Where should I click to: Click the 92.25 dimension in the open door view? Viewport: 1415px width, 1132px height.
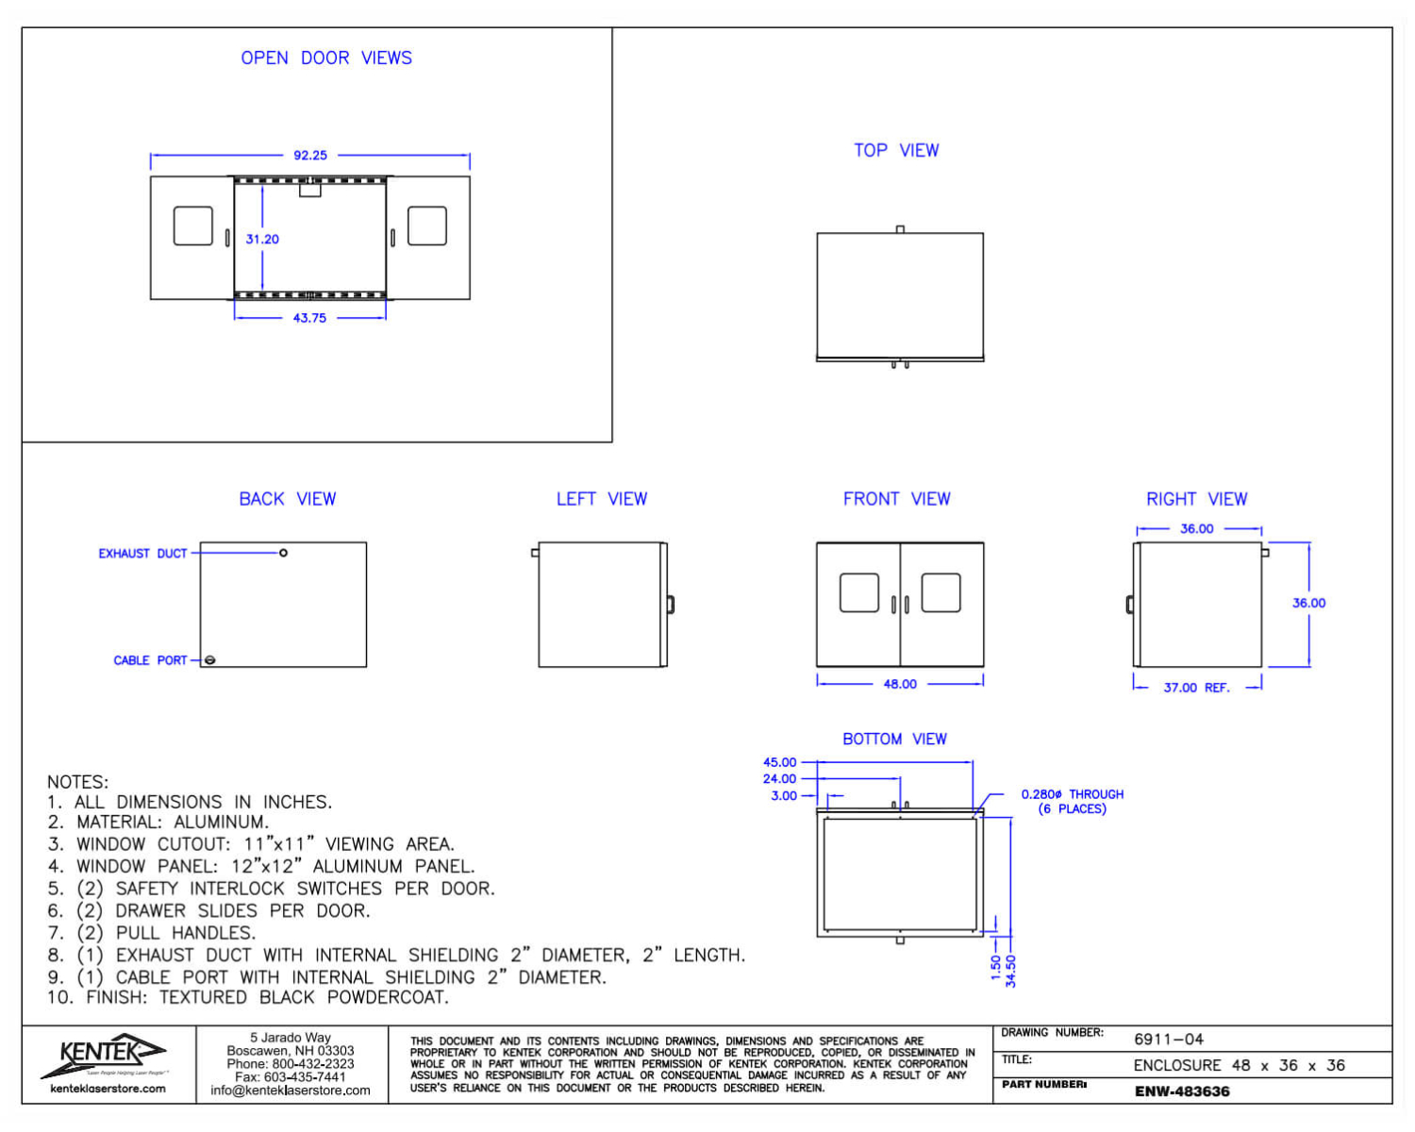tap(309, 156)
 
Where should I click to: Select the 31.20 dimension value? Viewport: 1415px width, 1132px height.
tap(261, 239)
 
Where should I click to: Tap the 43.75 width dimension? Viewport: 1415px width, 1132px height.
tap(309, 318)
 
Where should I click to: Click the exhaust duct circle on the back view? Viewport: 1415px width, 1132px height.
tap(283, 553)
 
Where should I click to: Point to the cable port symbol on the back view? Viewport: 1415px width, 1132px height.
tap(209, 659)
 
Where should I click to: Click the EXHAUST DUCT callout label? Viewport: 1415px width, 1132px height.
tap(142, 553)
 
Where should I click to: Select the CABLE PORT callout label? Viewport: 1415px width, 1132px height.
tap(150, 659)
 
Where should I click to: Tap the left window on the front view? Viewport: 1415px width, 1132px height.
tap(858, 592)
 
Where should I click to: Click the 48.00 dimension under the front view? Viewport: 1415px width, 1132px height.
tap(900, 684)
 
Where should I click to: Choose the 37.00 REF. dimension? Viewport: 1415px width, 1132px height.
tap(1196, 688)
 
